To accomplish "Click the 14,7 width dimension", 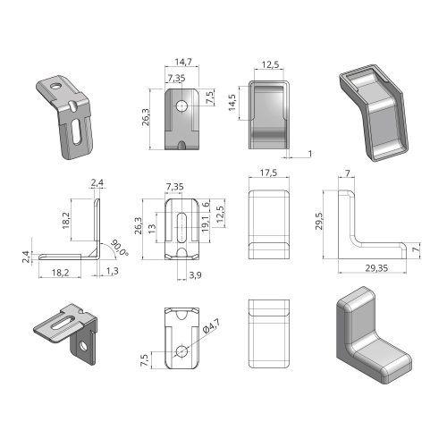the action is (x=183, y=62).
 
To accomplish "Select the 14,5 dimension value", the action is (x=232, y=103).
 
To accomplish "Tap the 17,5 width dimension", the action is (x=268, y=173).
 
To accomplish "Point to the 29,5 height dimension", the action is (x=319, y=221).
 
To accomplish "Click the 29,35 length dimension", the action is (x=376, y=268).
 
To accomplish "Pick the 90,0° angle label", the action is (x=120, y=248).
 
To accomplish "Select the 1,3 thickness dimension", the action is (x=112, y=271).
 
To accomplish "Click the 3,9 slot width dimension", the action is (x=195, y=275).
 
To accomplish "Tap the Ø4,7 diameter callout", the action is (x=211, y=325).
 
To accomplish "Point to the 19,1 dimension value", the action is (x=206, y=224).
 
